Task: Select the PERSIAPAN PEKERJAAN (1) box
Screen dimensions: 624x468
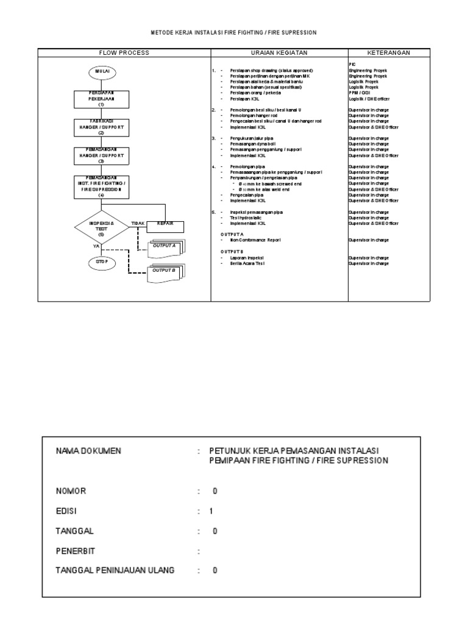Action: (x=102, y=98)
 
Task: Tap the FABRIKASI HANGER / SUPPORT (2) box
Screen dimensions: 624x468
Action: (x=102, y=127)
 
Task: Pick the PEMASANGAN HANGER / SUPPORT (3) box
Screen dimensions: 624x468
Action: (x=102, y=155)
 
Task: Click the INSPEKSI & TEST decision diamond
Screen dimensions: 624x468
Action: (x=102, y=228)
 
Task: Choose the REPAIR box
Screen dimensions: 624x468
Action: (x=166, y=225)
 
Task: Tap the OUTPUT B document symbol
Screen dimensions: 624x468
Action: (x=165, y=271)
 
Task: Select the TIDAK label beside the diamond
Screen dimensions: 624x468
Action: (x=138, y=224)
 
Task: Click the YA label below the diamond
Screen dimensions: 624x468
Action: (x=96, y=246)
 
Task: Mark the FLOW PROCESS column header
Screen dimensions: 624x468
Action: (x=124, y=52)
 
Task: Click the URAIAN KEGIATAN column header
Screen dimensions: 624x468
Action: (x=278, y=52)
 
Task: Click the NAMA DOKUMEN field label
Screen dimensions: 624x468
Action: (x=89, y=451)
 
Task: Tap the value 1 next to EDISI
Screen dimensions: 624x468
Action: (x=211, y=511)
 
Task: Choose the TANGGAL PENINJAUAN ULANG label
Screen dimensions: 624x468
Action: (x=115, y=570)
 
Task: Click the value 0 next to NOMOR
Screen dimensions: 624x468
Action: (x=214, y=491)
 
